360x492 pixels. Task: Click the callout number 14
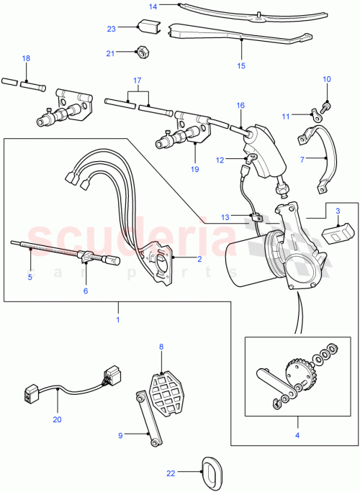click(x=152, y=6)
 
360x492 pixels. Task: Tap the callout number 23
click(x=111, y=29)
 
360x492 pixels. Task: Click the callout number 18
click(x=26, y=58)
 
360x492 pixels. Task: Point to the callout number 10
click(x=325, y=79)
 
